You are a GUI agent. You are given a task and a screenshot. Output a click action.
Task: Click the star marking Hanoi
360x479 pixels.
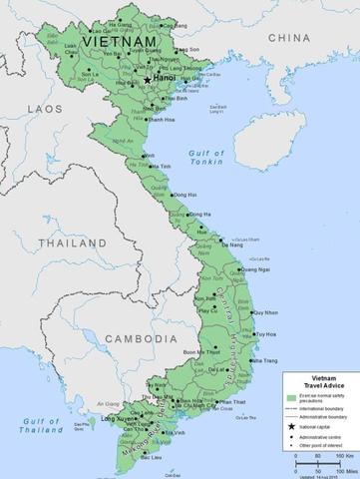[x=148, y=79]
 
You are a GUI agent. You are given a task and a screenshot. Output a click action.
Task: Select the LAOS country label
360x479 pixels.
[x=45, y=107]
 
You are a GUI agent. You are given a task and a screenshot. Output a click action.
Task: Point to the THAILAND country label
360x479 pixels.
[x=66, y=242]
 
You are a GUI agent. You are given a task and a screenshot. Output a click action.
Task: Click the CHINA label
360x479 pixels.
[x=288, y=37]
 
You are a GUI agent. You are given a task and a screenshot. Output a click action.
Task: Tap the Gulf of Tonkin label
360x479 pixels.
[x=206, y=157]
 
